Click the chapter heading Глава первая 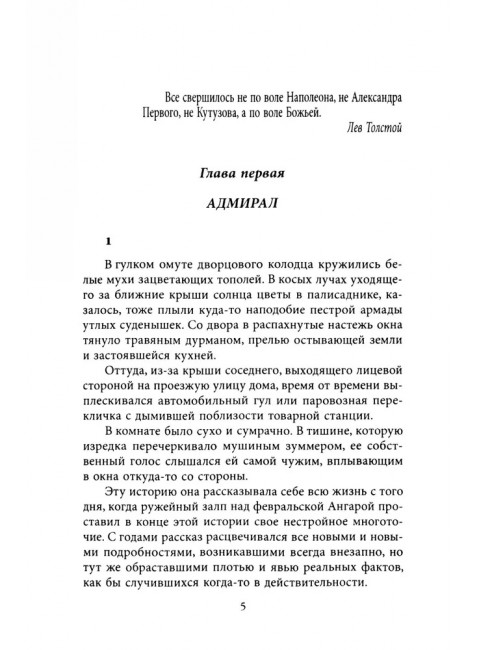[x=239, y=176]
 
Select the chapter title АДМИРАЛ [x=239, y=213]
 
